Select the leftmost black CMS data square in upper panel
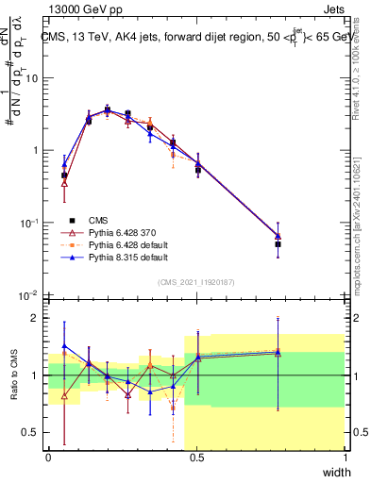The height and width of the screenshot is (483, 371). [64, 175]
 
